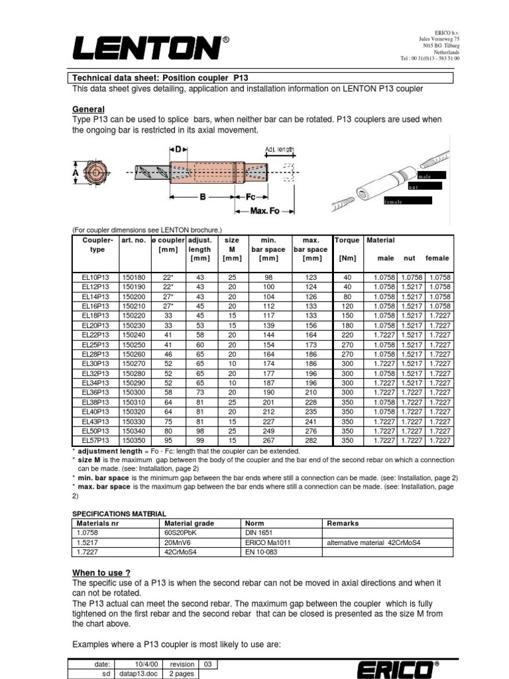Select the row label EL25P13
click(95, 345)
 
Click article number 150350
click(135, 440)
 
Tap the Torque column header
click(347, 240)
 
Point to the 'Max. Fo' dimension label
click(264, 211)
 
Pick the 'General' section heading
click(88, 109)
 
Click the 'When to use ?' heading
click(101, 572)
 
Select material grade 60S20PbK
click(180, 532)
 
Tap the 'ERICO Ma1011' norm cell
click(268, 542)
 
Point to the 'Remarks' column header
click(343, 523)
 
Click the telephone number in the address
click(430, 58)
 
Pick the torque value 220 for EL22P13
click(346, 336)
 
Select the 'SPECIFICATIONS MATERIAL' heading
click(119, 513)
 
